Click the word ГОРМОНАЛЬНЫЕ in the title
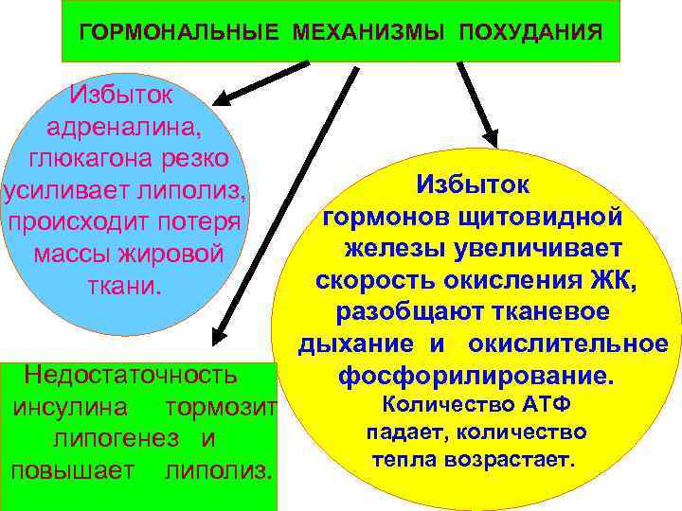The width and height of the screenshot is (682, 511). click(178, 33)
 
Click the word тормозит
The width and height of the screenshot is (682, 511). click(219, 408)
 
